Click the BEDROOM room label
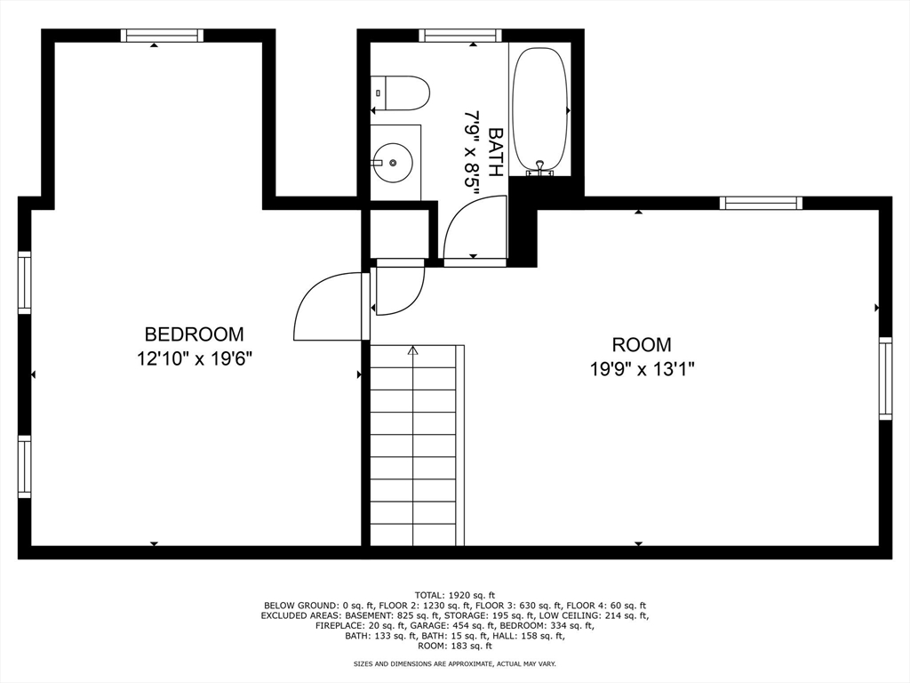coord(194,334)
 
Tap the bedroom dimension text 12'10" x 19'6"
coord(194,358)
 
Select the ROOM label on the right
coord(641,344)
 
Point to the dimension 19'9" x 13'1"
coord(641,368)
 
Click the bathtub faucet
coord(539,166)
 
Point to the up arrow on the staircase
coord(412,351)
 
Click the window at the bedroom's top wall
coord(162,36)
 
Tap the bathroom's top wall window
coord(460,36)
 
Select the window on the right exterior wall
coord(885,378)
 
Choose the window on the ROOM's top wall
coord(761,203)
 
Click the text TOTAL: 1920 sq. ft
coord(454,594)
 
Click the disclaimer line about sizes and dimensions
coord(454,663)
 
